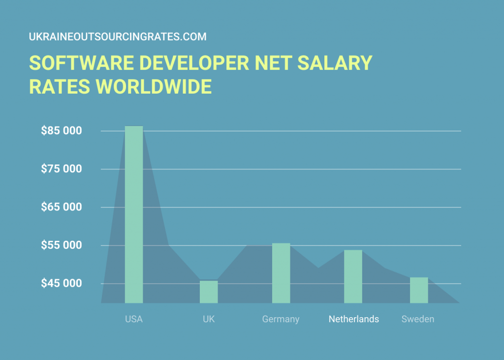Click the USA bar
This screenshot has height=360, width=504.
(x=134, y=214)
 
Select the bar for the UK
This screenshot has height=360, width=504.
(x=209, y=292)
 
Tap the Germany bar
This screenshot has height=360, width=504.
(x=281, y=273)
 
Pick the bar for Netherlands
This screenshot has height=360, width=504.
(x=353, y=276)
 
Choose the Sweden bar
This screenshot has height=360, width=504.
(x=419, y=290)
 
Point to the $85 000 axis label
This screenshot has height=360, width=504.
(x=61, y=131)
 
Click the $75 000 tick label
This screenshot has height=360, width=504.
(x=61, y=169)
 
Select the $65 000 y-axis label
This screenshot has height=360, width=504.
(x=61, y=207)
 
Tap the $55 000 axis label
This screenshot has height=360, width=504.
(x=61, y=245)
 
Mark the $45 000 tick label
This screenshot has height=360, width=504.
(x=61, y=283)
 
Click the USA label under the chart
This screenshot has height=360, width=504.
(x=134, y=319)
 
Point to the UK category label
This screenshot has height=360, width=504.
(x=209, y=319)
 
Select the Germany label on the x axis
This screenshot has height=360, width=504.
(x=281, y=319)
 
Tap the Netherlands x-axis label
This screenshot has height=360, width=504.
(x=354, y=319)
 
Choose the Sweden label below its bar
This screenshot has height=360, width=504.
(x=418, y=319)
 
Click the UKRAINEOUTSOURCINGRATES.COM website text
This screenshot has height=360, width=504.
(x=118, y=37)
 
